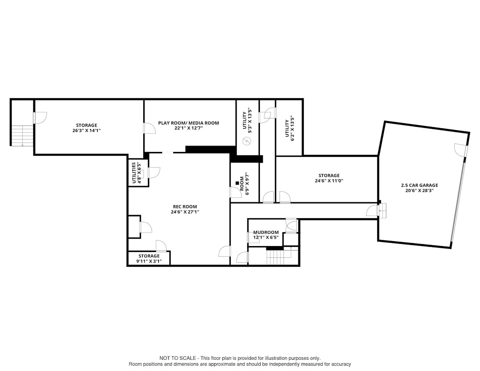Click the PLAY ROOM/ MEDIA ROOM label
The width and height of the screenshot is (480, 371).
(x=188, y=123)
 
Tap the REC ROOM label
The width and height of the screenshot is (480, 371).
(x=184, y=207)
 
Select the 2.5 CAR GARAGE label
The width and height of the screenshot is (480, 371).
(x=419, y=185)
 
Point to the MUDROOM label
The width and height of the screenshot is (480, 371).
(x=266, y=232)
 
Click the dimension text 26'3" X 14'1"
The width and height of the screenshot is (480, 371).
(x=87, y=131)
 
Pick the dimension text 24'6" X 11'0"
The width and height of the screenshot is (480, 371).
(x=329, y=180)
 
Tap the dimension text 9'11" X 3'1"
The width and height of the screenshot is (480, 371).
(x=149, y=261)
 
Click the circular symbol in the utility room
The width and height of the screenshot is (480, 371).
(x=247, y=141)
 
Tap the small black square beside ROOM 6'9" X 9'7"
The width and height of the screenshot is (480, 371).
(x=237, y=183)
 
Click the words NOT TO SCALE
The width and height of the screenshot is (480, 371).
(x=177, y=358)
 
